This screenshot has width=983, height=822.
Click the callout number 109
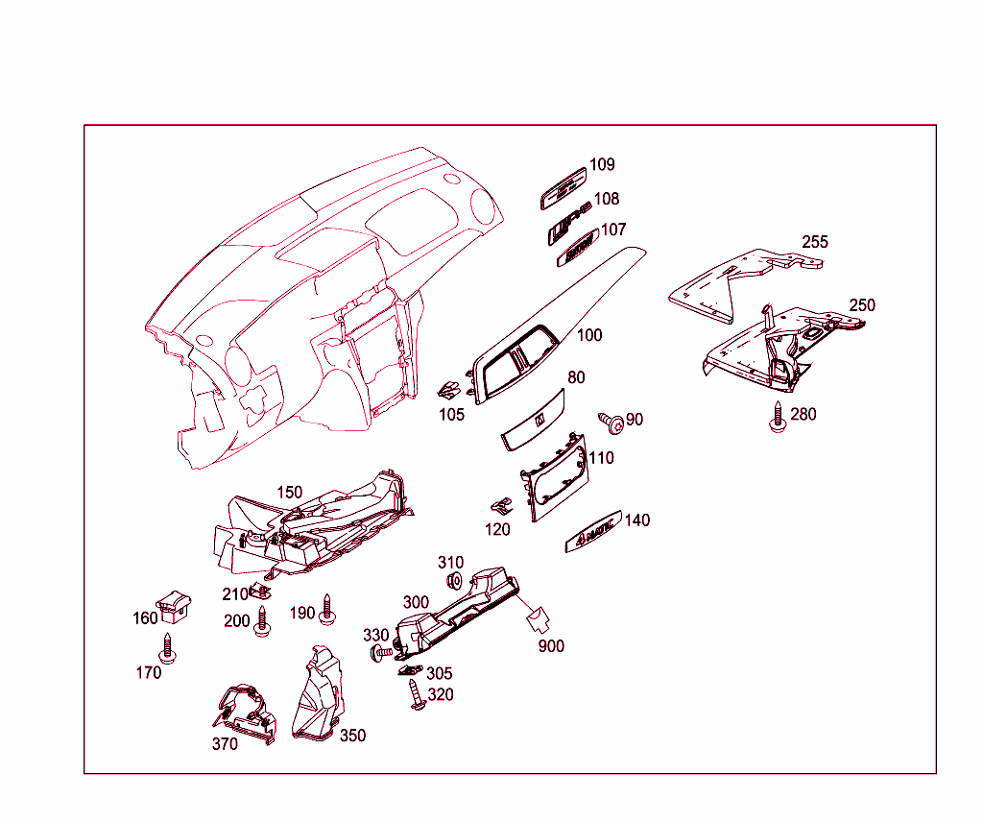pyautogui.click(x=602, y=164)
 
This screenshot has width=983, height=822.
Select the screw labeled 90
pyautogui.click(x=609, y=421)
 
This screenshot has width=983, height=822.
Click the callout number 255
pyautogui.click(x=815, y=241)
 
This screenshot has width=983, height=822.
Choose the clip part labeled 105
pyautogui.click(x=448, y=390)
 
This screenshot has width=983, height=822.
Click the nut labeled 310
pyautogui.click(x=455, y=580)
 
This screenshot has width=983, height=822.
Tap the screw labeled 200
pyautogui.click(x=262, y=621)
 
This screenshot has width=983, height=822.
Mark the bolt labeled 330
pyautogui.click(x=382, y=653)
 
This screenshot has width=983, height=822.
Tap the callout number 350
pyautogui.click(x=352, y=736)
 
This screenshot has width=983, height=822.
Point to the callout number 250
pyautogui.click(x=862, y=305)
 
